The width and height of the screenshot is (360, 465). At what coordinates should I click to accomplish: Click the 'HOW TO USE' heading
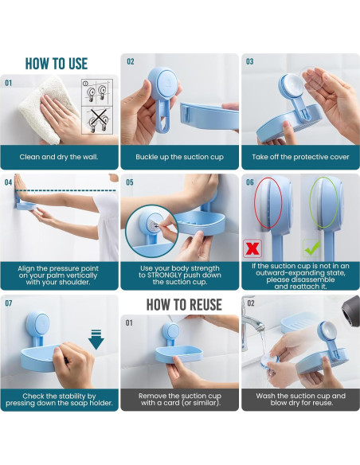(x=57, y=64)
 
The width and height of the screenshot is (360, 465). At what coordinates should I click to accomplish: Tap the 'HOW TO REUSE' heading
(x=184, y=305)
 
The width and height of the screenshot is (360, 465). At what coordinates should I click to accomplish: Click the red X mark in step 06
(x=252, y=248)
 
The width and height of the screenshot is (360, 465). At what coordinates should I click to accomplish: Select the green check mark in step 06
(x=312, y=248)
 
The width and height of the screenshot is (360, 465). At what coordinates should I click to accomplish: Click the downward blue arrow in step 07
(x=96, y=339)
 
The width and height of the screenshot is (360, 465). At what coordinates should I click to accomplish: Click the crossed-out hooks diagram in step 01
(x=97, y=121)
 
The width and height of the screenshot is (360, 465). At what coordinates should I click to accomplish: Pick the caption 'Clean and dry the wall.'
(x=59, y=157)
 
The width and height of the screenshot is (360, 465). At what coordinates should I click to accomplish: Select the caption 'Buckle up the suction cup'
(x=179, y=157)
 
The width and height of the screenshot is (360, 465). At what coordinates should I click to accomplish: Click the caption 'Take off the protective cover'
(x=300, y=157)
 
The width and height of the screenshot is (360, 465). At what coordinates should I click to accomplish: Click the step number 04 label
(x=8, y=182)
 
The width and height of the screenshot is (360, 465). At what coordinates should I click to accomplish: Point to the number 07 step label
(x=9, y=303)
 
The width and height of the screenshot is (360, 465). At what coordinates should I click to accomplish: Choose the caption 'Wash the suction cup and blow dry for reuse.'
(x=301, y=399)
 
